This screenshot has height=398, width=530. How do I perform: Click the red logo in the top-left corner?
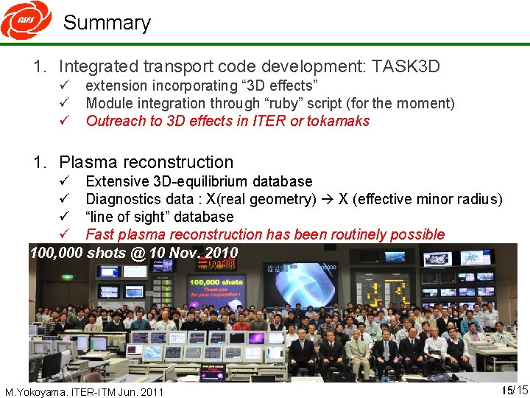pyautogui.click(x=26, y=20)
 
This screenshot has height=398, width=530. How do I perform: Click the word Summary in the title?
pyautogui.click(x=107, y=23)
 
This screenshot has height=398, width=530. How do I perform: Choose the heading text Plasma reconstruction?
pyautogui.click(x=146, y=162)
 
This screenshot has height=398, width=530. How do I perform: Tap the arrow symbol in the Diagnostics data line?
pyautogui.click(x=324, y=199)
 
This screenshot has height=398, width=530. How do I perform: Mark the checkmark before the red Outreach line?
pyautogui.click(x=65, y=121)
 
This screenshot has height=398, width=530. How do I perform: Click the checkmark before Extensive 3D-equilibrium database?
pyautogui.click(x=65, y=181)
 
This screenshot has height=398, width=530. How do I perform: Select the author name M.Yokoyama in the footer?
pyautogui.click(x=35, y=391)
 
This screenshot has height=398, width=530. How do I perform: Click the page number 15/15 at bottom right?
pyautogui.click(x=515, y=390)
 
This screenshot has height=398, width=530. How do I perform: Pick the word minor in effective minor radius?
pyautogui.click(x=428, y=199)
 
